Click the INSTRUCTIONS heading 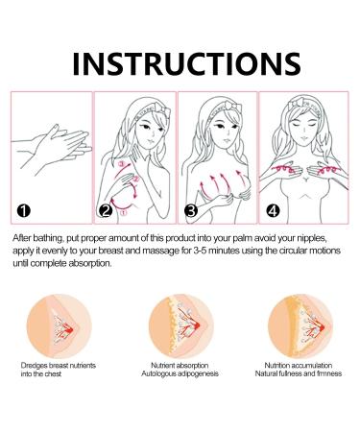186,63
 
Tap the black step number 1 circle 24,211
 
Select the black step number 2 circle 106,211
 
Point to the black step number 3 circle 191,211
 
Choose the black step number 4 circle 273,211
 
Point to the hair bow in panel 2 163,110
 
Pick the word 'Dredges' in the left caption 34,366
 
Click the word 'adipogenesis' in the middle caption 198,373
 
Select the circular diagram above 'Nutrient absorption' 180,326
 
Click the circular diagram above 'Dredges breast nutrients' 59,326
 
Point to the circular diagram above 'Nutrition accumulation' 300,326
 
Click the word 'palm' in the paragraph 243,239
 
